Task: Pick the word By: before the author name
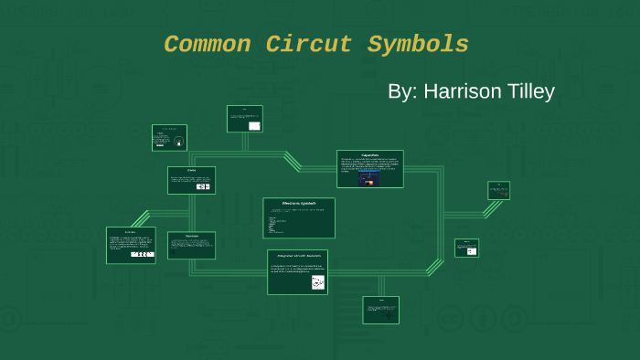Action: (x=401, y=92)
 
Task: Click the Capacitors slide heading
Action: (x=370, y=154)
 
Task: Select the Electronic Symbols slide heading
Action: (x=299, y=203)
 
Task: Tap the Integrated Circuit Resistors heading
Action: (x=297, y=255)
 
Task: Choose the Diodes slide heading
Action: (x=191, y=171)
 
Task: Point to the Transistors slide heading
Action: (x=191, y=236)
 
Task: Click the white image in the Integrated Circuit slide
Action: (x=317, y=283)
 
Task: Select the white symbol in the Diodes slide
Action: (x=203, y=186)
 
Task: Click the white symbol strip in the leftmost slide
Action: (x=142, y=254)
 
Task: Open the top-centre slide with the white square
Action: (x=245, y=119)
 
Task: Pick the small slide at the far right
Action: (x=498, y=190)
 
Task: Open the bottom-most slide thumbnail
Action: (x=380, y=310)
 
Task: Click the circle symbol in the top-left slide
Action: (x=178, y=142)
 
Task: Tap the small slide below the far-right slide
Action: (x=466, y=248)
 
